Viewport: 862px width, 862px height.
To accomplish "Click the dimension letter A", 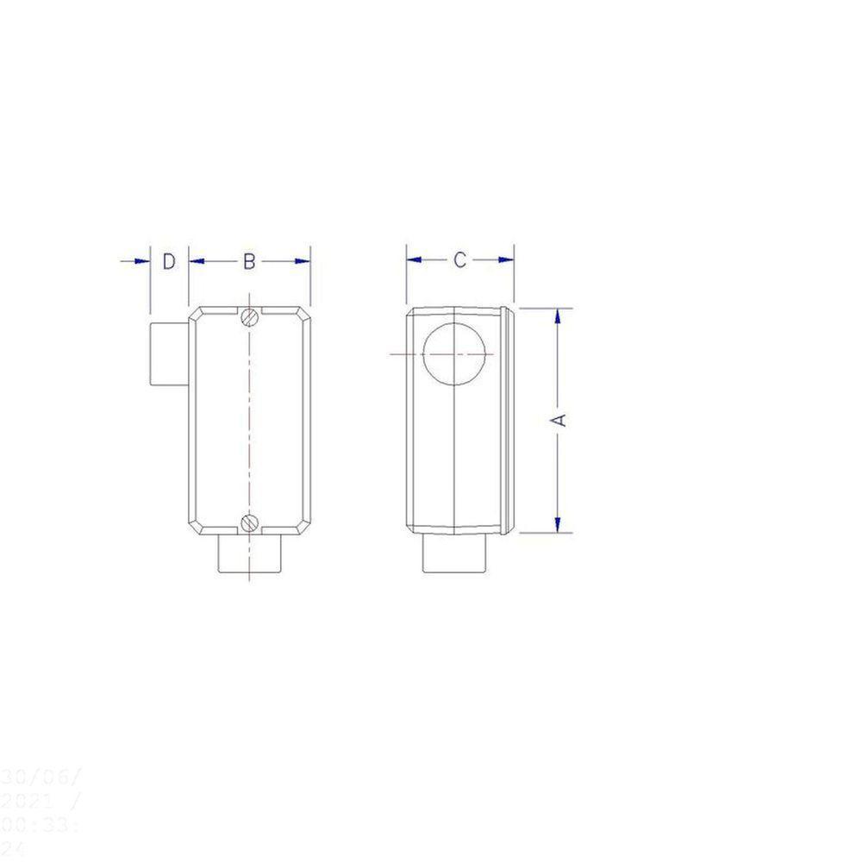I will [559, 419].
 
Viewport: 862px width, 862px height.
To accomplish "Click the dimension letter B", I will [248, 261].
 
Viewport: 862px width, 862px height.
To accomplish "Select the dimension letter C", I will [460, 259].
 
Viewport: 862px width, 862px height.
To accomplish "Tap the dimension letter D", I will [170, 261].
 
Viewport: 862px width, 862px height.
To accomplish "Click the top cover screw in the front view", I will [250, 317].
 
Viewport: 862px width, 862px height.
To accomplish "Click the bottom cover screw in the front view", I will [250, 522].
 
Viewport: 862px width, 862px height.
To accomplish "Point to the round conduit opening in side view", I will [455, 354].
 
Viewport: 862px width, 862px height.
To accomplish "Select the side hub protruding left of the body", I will [168, 353].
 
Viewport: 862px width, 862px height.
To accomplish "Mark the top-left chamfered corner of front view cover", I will [196, 314].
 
